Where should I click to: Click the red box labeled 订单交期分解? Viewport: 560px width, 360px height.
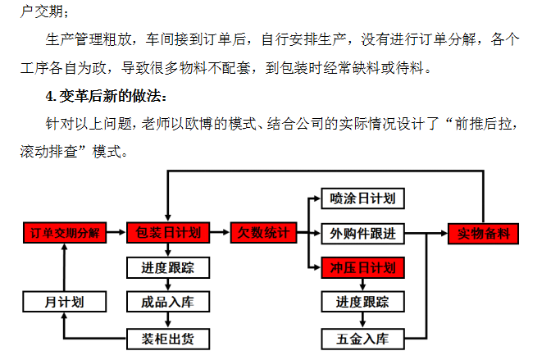tap(65, 233)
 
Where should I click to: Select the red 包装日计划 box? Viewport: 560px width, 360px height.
tap(168, 233)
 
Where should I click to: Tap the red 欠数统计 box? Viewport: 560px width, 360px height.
tap(263, 233)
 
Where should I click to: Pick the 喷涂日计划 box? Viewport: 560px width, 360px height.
tap(363, 198)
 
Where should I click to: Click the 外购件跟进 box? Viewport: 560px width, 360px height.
tap(363, 234)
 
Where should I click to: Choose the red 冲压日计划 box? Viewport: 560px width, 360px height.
tap(363, 267)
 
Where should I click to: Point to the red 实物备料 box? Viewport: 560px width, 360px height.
tap(483, 234)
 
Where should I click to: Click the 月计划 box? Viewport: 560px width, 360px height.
tap(65, 302)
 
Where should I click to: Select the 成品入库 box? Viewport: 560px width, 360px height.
tap(168, 302)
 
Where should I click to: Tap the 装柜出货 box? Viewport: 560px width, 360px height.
tap(168, 339)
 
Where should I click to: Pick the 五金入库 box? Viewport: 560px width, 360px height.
tap(363, 339)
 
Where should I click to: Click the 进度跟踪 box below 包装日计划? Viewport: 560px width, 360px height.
tap(168, 267)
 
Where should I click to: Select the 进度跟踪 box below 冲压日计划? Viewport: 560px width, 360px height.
tap(363, 302)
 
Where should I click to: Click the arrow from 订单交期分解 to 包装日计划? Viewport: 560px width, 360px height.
tap(116, 233)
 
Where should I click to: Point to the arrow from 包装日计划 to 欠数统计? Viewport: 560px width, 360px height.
tap(220, 233)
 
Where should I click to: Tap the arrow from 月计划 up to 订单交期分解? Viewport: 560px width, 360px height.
tap(64, 267)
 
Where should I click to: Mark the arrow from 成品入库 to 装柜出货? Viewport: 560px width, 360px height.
tap(168, 321)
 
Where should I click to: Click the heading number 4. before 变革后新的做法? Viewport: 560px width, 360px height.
tap(51, 97)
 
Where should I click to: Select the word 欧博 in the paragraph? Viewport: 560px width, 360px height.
tap(192, 124)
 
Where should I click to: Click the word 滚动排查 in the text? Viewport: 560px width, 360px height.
tap(49, 152)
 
